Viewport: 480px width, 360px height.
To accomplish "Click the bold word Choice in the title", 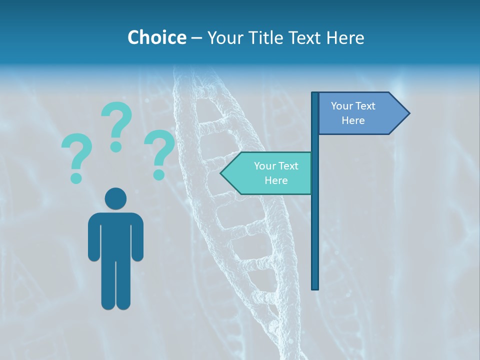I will click(156, 37).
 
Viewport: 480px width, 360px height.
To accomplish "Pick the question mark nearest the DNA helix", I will click(159, 152).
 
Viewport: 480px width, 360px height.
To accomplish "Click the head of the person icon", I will click(116, 198).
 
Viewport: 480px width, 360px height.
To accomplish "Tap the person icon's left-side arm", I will click(93, 237).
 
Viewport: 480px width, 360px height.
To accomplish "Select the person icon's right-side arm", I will click(138, 237).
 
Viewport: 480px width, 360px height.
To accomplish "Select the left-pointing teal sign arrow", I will click(267, 173).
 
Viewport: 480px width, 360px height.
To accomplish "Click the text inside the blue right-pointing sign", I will click(353, 113).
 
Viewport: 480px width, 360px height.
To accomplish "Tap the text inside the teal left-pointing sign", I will click(276, 173).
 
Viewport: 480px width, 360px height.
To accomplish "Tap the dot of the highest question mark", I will click(116, 146).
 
